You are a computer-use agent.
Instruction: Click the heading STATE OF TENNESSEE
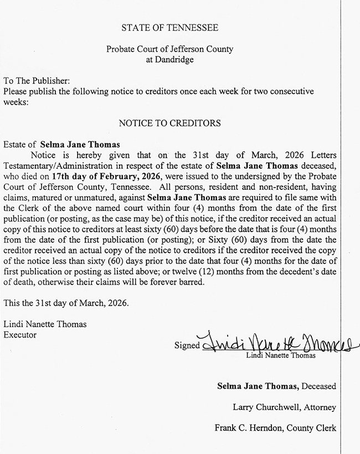click(x=170, y=27)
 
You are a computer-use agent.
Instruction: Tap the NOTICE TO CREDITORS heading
click(x=170, y=122)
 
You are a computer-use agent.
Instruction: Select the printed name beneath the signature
click(x=281, y=355)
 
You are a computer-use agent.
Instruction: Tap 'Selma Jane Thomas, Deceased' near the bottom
click(x=276, y=386)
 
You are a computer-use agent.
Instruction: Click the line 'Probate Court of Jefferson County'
click(x=170, y=49)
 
